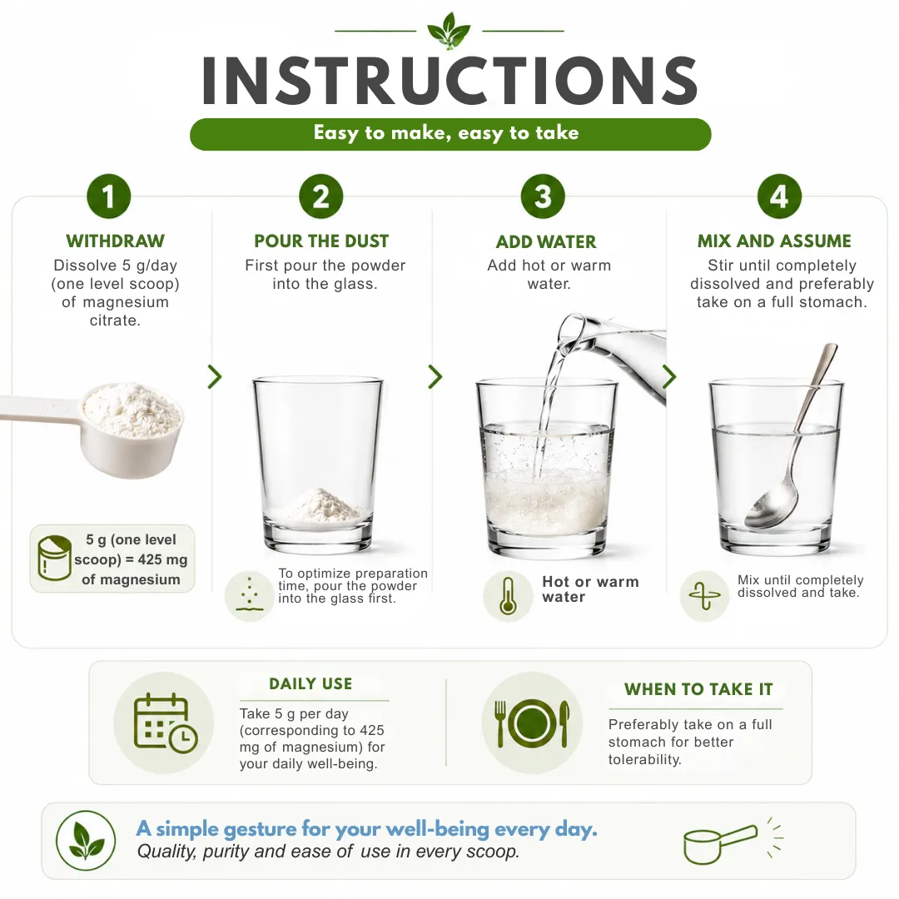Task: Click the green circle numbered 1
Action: [109, 196]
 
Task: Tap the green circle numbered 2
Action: [321, 196]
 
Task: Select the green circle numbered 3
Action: [543, 196]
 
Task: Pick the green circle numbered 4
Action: [779, 196]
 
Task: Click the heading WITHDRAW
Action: [115, 241]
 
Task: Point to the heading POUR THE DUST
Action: [321, 241]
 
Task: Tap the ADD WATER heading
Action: [546, 241]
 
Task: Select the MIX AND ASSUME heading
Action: [775, 241]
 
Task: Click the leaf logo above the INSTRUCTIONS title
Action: [449, 31]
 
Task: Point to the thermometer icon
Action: [508, 596]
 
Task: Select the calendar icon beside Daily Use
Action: [165, 723]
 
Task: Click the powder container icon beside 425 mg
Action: [55, 559]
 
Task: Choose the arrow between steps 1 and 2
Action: [215, 377]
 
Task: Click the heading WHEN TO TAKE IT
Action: [698, 689]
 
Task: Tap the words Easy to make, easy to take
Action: [446, 133]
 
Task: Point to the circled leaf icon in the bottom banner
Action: [86, 841]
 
